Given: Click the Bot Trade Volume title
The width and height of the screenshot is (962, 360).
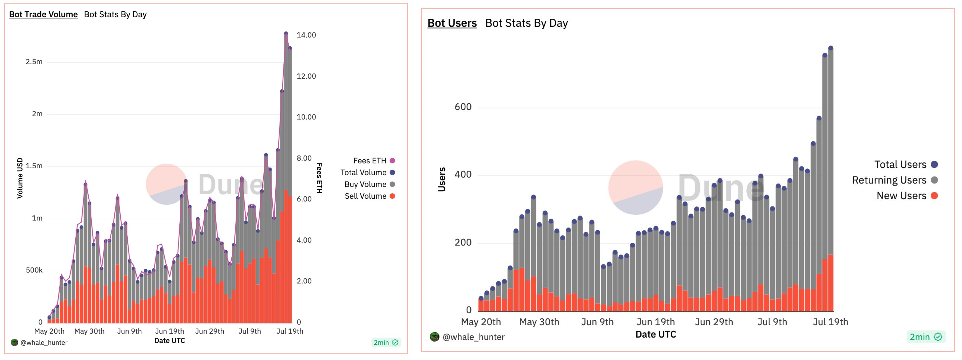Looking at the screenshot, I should pos(43,15).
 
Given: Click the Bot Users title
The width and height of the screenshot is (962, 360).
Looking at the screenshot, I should pos(452,23).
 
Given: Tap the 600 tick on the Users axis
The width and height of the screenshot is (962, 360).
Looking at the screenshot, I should pos(463,107).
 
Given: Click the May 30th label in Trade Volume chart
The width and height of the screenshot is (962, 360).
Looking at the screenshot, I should pos(89,331).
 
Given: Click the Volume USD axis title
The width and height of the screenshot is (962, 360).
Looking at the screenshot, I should pos(20,178).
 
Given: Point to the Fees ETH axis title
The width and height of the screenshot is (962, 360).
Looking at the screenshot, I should pos(319,178).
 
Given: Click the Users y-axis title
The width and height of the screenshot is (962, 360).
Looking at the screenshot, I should pos(442,179).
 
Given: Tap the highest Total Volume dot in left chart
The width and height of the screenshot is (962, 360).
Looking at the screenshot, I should pos(286,34).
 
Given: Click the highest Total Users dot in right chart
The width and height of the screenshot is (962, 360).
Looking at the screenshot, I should pos(830,48).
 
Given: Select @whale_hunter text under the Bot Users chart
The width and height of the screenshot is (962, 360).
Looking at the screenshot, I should pos(473,337).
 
